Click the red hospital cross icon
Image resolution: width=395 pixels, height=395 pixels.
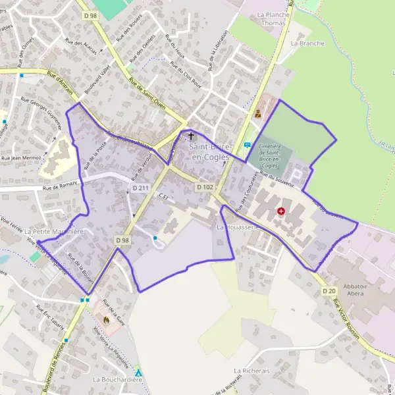pos(281,211)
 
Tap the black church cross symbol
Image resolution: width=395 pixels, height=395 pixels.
pos(192,136)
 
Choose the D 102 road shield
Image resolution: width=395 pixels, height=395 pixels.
pos(205,187)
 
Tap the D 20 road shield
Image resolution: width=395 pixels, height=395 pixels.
pos(329,291)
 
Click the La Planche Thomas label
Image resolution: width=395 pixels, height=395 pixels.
pos(272,18)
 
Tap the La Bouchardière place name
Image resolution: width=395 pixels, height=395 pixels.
pos(118,380)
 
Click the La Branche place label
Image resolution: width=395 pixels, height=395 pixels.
pos(307,43)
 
